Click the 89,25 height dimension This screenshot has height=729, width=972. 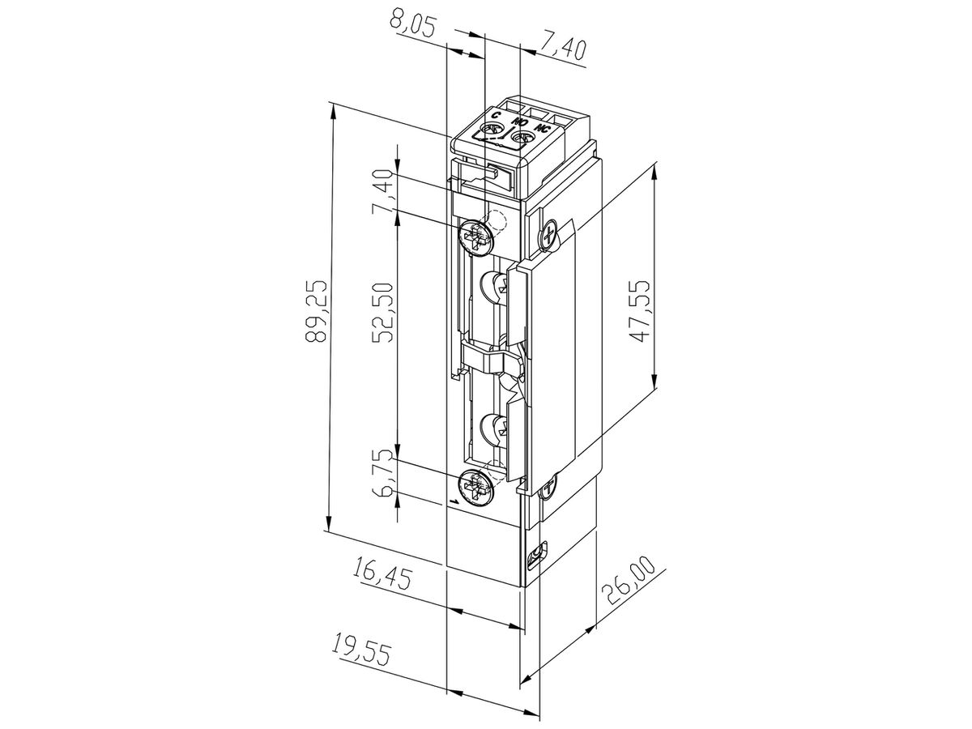(316, 310)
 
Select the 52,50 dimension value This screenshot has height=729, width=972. (382, 312)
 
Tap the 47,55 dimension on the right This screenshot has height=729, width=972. (640, 310)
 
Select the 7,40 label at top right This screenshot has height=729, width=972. (563, 49)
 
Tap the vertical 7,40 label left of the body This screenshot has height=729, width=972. (382, 193)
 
